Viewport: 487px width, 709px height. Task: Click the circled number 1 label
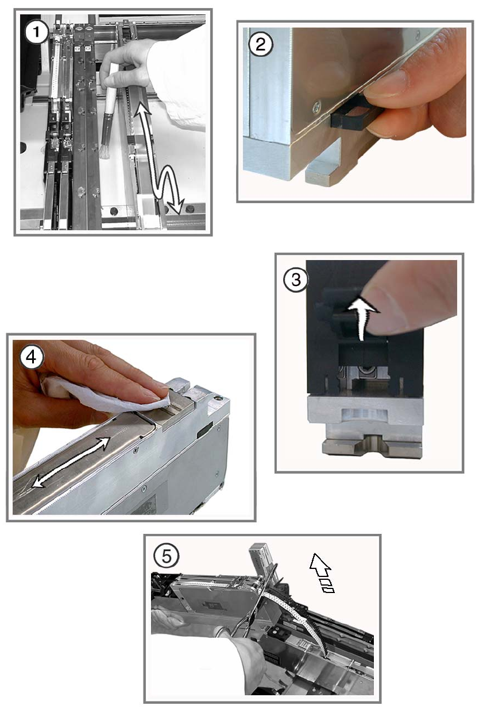click(36, 32)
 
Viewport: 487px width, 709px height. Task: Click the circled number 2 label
click(260, 44)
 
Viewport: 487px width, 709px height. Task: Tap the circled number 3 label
click(296, 280)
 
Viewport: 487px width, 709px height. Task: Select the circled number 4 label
click(31, 358)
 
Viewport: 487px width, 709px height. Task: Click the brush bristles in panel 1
click(105, 152)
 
